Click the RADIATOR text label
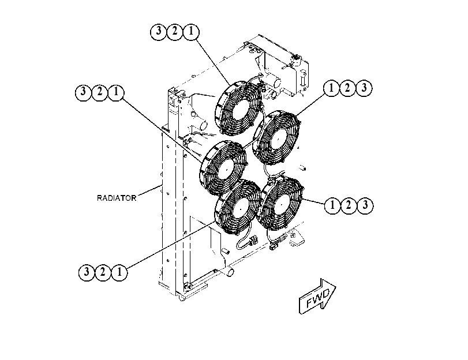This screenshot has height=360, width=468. pos(117,198)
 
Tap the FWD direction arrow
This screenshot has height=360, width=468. pos(317,297)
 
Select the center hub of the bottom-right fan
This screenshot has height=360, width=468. pos(280,204)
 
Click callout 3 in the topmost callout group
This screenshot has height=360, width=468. pos(159,31)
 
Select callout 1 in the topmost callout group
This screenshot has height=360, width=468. pos(191,31)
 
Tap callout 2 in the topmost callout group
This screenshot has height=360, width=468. pos(175,31)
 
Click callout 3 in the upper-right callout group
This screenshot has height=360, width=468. pos(364,88)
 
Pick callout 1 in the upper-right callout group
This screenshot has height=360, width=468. pos(331,88)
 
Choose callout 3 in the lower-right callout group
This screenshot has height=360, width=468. pos(365,205)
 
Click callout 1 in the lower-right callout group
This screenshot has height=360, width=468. pos(332,205)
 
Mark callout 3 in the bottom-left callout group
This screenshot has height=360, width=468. pos(87,272)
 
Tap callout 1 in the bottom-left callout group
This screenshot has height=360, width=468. pos(119,272)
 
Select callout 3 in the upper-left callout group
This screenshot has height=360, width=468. pos(83,92)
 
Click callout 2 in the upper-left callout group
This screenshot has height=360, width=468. pos(99,92)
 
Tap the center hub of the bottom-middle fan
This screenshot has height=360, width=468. pos(240,209)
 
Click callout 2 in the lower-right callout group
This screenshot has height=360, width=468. pos(349,205)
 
